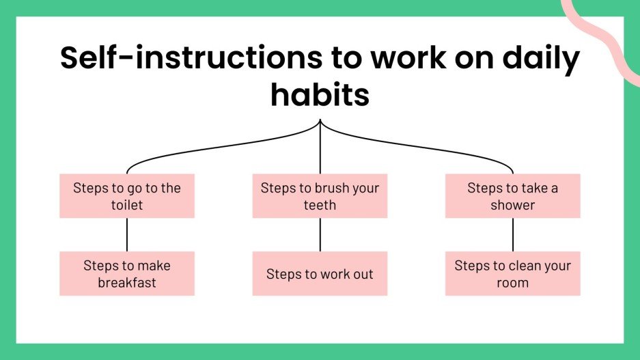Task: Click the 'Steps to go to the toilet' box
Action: pyautogui.click(x=127, y=196)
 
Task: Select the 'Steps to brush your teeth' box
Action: pyautogui.click(x=320, y=196)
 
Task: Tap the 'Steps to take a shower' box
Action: pyautogui.click(x=512, y=196)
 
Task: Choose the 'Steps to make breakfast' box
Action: pyautogui.click(x=127, y=273)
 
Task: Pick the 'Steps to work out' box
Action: pyautogui.click(x=320, y=273)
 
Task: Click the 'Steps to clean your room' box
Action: pyautogui.click(x=512, y=273)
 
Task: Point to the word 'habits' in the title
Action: pyautogui.click(x=320, y=95)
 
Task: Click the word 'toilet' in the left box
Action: pyautogui.click(x=127, y=205)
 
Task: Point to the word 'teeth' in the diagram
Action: pyautogui.click(x=320, y=205)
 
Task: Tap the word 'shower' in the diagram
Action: pyautogui.click(x=512, y=205)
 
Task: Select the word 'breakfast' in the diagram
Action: pyautogui.click(x=127, y=282)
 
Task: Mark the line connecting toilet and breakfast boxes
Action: pyautogui.click(x=127, y=234)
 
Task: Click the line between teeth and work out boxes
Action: pyautogui.click(x=320, y=234)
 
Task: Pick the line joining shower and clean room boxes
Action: pyautogui.click(x=512, y=234)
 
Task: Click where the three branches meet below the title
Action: pyautogui.click(x=320, y=123)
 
